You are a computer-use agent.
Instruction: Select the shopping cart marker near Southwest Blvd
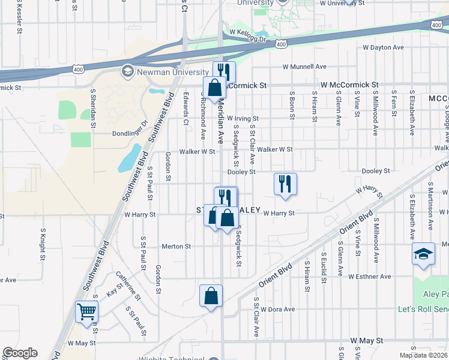pyautogui.click(x=87, y=312)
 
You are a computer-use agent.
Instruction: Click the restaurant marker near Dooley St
pyautogui.click(x=285, y=184)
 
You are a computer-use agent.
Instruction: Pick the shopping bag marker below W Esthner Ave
pyautogui.click(x=211, y=296)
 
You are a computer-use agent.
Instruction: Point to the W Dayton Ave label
pyautogui.click(x=385, y=47)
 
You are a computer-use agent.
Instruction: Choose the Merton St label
pyautogui.click(x=176, y=247)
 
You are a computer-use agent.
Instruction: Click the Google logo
pyautogui.click(x=20, y=353)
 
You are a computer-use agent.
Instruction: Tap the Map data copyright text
pyautogui.click(x=424, y=355)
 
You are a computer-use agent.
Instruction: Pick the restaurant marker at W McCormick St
pyautogui.click(x=224, y=71)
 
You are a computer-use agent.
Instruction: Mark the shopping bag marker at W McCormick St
pyautogui.click(x=214, y=88)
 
